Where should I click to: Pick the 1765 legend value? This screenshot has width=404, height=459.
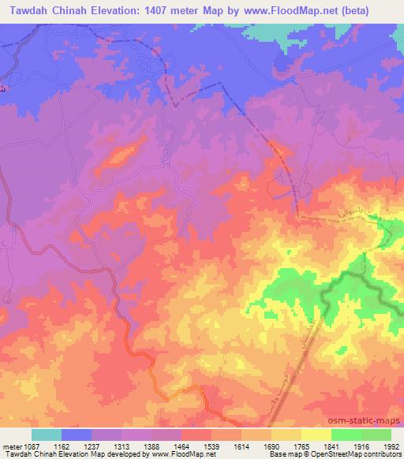(301, 446)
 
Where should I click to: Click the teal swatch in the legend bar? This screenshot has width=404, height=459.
(47, 435)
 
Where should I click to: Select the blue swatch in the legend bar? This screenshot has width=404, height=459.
(77, 435)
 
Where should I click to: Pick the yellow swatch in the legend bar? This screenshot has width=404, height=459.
(316, 435)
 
